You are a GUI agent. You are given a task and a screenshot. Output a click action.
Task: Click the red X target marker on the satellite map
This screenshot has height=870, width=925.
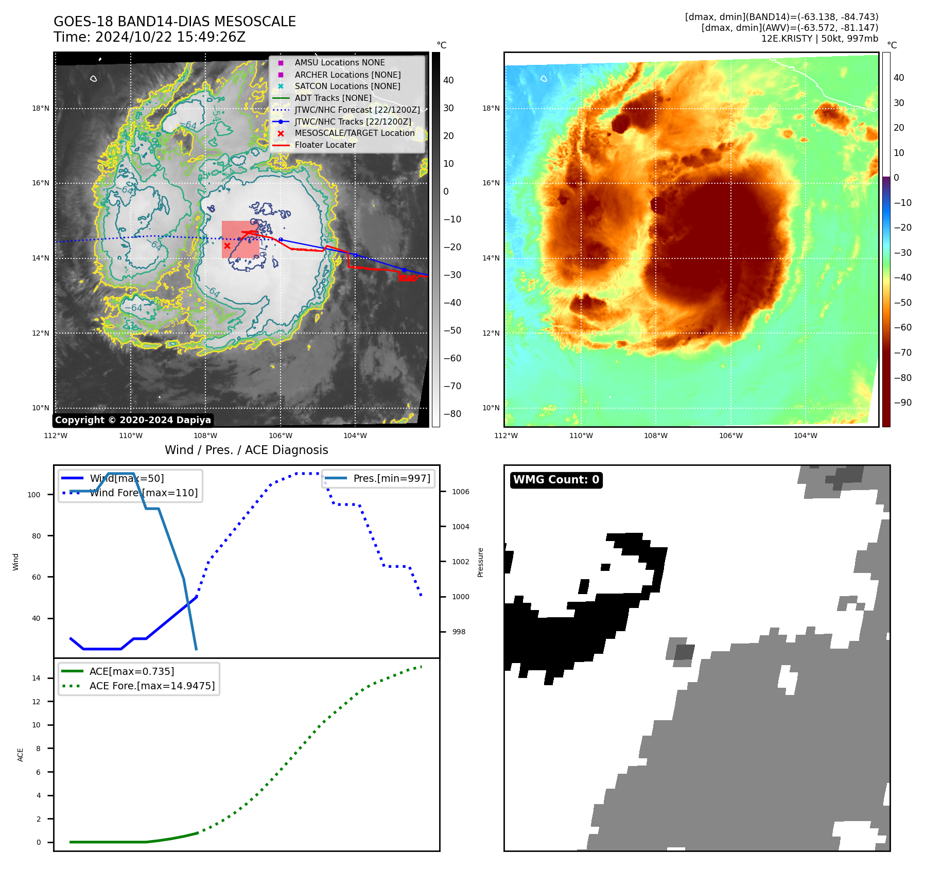coord(227,246)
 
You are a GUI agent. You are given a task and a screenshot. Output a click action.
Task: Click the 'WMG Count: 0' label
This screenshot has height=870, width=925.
coord(556,480)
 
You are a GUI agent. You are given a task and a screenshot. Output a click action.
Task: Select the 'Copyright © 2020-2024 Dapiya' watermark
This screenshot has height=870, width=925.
coord(133,420)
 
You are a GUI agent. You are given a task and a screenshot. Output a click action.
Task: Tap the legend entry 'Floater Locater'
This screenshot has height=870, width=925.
coord(325,145)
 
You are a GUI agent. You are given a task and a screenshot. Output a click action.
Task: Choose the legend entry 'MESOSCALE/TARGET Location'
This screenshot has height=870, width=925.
coord(354,133)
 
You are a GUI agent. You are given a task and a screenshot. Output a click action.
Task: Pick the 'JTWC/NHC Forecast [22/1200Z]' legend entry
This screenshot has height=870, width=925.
coord(357,110)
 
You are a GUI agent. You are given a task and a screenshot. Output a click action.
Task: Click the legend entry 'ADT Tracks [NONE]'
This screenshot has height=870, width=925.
coord(333,98)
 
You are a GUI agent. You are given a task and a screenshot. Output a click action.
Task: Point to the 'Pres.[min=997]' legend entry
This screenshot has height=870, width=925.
coord(391,479)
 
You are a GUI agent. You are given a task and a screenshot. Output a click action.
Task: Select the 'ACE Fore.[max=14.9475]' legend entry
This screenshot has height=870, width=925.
coord(152,686)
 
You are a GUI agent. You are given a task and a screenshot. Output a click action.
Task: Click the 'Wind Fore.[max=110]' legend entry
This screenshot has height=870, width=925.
coord(144,493)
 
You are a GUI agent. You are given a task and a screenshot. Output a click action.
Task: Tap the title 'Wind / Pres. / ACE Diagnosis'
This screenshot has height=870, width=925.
coord(246,450)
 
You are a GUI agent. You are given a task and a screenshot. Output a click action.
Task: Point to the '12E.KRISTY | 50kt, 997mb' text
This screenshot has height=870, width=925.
coord(819,39)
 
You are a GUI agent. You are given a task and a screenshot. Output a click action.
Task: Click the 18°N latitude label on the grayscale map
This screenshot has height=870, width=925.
coord(41,109)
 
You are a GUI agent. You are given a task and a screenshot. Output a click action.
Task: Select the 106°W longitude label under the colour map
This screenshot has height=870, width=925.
coord(730,436)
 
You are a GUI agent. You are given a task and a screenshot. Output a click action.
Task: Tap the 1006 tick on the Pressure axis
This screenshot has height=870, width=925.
coord(461,492)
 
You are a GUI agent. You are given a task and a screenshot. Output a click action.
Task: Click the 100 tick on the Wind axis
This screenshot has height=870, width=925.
coord(34,495)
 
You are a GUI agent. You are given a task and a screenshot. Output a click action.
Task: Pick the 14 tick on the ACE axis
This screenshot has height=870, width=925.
coord(36,678)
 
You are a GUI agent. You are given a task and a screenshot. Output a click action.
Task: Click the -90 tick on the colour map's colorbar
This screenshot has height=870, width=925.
coord(902,403)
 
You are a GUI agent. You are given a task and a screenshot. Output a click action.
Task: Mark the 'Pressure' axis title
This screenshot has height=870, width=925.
coord(480,562)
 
